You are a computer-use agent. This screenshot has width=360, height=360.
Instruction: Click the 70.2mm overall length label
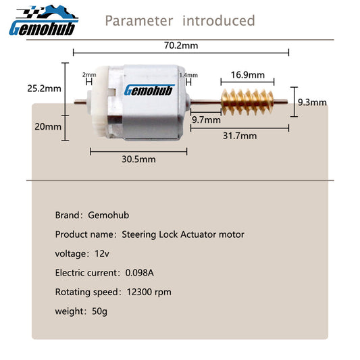[x=181, y=45]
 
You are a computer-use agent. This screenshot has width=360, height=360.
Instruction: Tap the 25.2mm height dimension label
[x=44, y=88]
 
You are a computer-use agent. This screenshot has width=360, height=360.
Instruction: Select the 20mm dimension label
[x=48, y=127]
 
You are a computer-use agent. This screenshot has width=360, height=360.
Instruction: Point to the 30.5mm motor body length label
[x=138, y=159]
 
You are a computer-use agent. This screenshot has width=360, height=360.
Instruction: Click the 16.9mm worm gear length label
[x=247, y=75]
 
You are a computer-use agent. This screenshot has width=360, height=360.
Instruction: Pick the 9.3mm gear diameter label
[x=312, y=102]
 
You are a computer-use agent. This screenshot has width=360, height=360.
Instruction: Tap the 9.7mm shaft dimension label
[x=206, y=120]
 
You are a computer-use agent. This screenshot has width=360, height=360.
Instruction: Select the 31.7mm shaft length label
[x=240, y=136]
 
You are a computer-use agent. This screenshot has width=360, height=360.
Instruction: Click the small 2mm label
[x=89, y=74]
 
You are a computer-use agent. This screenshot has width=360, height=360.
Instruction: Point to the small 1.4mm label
[x=188, y=75]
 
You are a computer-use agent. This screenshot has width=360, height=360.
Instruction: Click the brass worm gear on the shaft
[x=247, y=102]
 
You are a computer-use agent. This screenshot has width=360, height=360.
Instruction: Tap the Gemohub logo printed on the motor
[x=149, y=91]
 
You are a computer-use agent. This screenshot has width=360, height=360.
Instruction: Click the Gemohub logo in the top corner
[x=44, y=21]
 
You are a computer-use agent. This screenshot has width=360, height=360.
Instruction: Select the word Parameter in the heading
[x=139, y=21]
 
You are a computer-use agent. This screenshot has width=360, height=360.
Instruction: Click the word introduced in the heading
[x=219, y=20]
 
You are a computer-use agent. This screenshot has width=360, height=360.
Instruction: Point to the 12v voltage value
[x=102, y=254]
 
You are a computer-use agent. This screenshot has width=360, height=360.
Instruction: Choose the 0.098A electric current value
[x=139, y=273]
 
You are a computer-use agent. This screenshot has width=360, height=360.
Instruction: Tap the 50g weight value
[x=99, y=311]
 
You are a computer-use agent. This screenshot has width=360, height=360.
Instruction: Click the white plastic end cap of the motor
[x=99, y=102]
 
